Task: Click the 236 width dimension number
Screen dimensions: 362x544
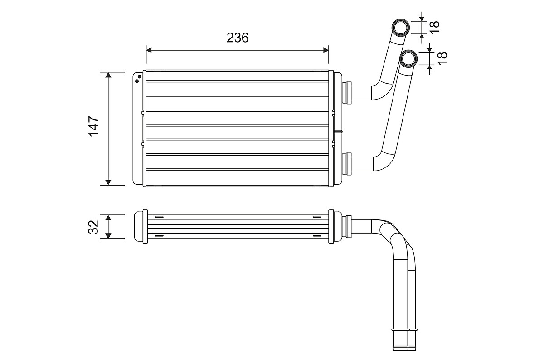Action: pos(238,38)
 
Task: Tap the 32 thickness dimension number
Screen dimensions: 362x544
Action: pos(93,227)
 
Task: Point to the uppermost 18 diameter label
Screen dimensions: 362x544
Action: pos(434,27)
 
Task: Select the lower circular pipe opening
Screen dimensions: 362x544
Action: pos(409,58)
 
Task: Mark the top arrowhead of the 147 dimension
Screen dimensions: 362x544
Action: pos(108,76)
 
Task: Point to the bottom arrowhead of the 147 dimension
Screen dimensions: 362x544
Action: pos(108,181)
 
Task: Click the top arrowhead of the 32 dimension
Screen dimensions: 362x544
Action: pos(108,218)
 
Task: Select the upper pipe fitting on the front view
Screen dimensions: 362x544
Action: pos(347,92)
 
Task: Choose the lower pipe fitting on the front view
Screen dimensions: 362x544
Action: pos(347,164)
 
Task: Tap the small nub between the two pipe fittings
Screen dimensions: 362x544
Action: pos(338,132)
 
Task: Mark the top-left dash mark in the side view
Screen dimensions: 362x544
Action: pos(159,218)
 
